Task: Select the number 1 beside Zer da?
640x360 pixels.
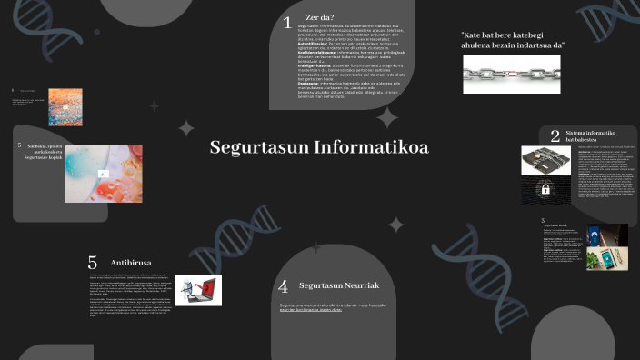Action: coord(287,23)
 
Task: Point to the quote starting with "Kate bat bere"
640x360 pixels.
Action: coord(513,39)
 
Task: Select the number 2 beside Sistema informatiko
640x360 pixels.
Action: coord(555,136)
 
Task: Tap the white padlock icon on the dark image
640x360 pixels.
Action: coord(545,190)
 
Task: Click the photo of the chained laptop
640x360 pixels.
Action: coord(545,159)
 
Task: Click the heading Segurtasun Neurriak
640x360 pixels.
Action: coord(338,285)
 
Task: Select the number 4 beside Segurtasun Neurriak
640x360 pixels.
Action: coord(283,286)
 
